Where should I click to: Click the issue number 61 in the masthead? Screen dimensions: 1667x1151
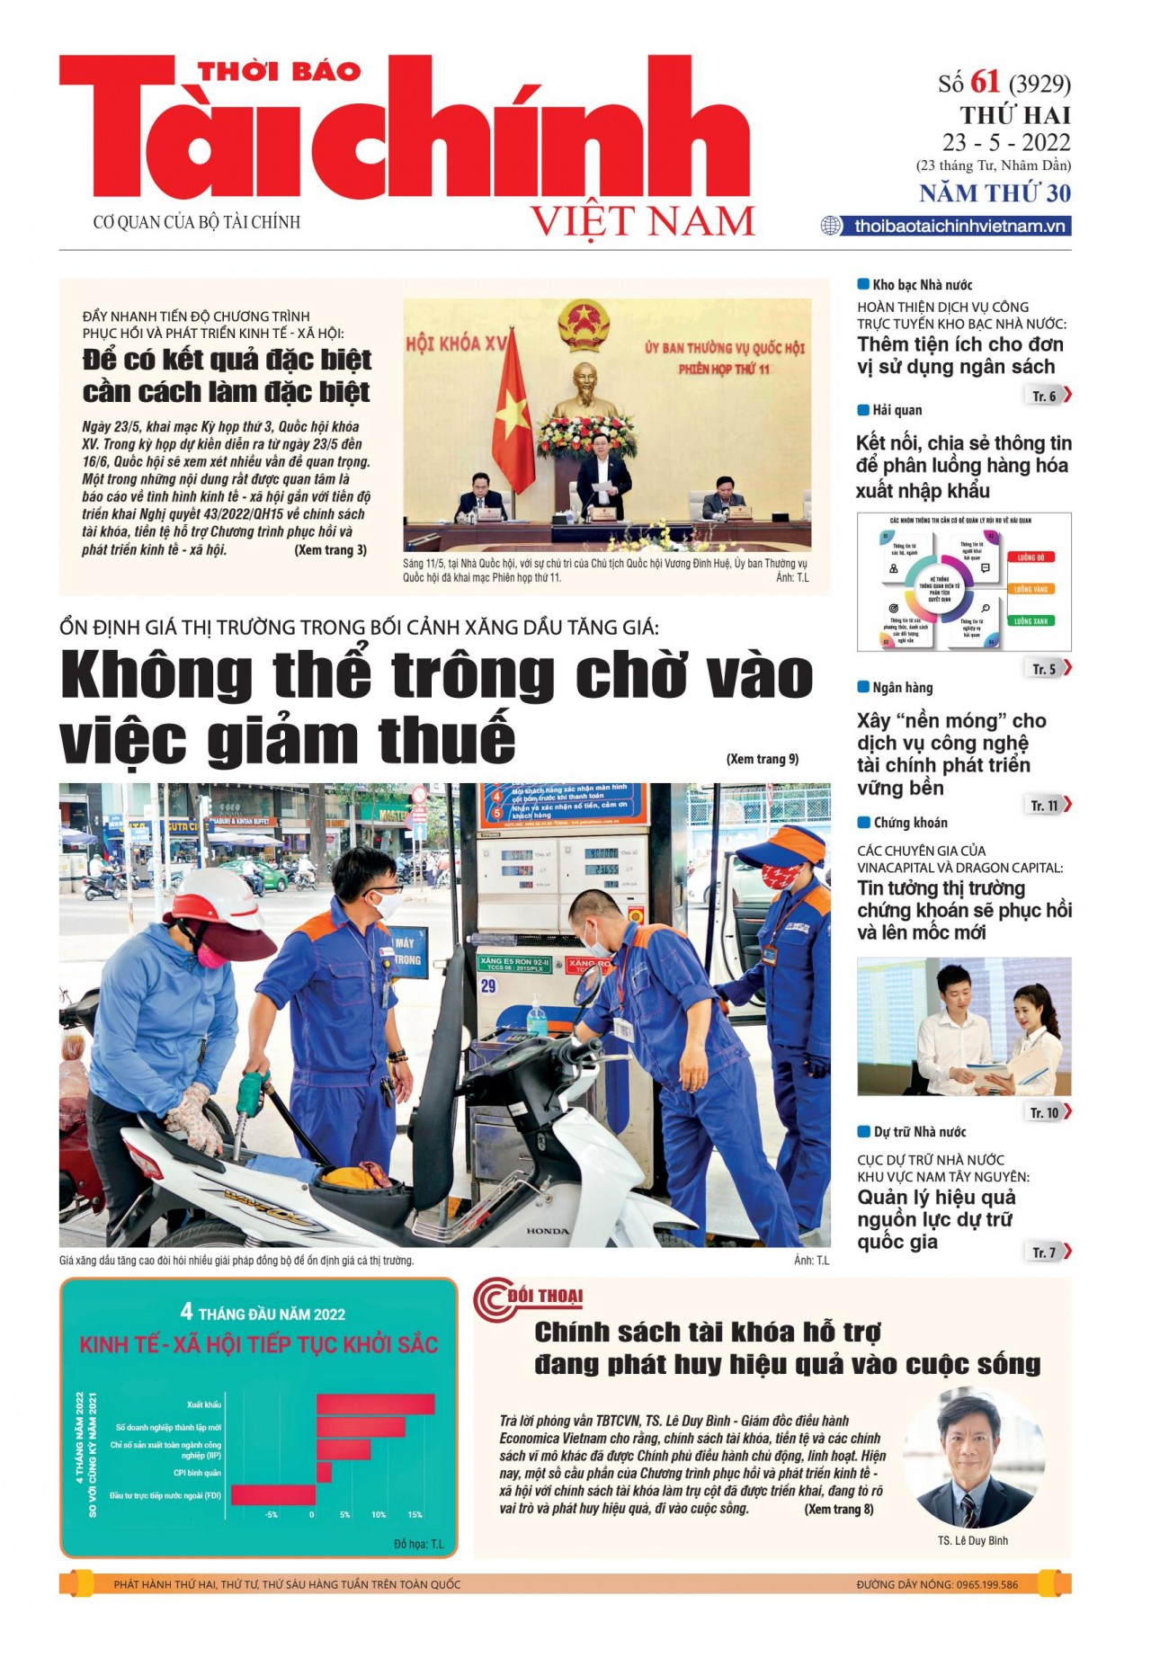985,82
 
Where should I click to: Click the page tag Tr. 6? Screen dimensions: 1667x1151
1044,396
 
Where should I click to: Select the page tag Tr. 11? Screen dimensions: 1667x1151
1045,806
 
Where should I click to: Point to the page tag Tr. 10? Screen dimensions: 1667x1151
1045,1113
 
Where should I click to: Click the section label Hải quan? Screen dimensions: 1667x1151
897,410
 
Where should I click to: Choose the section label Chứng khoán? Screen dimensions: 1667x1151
910,823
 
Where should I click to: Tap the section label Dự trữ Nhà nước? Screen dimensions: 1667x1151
919,1132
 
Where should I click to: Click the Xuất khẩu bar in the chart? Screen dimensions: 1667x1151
375,1404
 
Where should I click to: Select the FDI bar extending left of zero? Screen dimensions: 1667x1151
273,1494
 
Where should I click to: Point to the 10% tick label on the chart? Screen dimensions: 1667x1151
379,1515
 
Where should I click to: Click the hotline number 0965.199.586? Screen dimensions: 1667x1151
986,1584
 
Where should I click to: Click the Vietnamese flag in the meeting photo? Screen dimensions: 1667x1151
513,405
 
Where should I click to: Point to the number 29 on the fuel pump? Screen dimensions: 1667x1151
488,986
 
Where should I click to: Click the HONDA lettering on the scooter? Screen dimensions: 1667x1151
547,1231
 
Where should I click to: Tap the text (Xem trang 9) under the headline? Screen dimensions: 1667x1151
762,759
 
